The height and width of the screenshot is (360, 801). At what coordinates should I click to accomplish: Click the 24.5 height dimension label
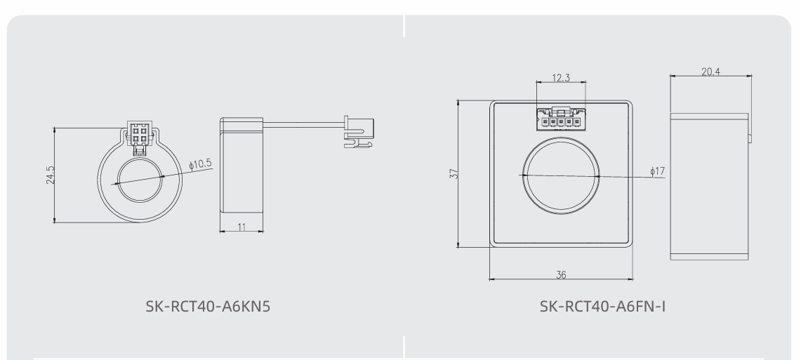click(50, 175)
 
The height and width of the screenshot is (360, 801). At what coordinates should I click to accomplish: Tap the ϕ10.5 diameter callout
click(200, 164)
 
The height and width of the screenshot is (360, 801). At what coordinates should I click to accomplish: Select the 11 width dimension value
click(241, 227)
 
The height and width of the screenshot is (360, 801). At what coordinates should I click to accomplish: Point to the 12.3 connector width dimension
click(561, 78)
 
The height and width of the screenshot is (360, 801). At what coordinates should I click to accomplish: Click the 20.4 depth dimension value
click(710, 72)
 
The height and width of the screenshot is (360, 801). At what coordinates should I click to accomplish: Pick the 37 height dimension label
click(454, 173)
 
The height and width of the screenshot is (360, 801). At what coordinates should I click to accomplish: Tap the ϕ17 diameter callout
click(658, 171)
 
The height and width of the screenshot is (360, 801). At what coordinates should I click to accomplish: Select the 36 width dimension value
click(561, 274)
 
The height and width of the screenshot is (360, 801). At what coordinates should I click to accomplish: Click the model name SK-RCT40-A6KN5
click(208, 307)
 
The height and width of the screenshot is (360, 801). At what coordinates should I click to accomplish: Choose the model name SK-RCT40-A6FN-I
click(603, 307)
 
